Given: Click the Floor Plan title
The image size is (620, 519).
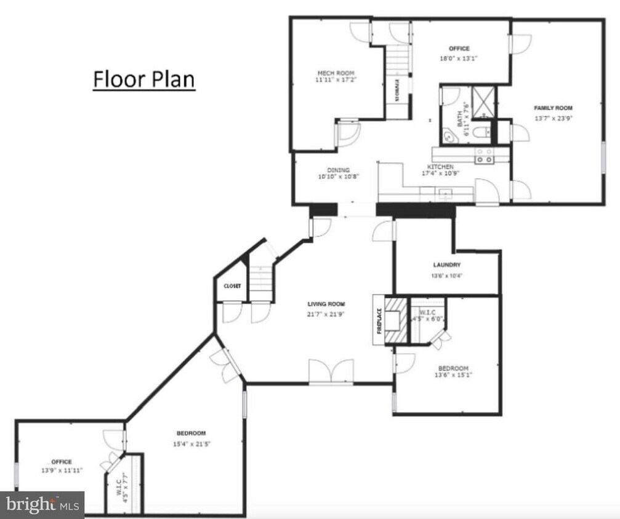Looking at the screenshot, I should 144,80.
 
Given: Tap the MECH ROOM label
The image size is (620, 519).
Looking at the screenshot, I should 336,73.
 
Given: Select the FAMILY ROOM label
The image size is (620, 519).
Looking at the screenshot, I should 553,108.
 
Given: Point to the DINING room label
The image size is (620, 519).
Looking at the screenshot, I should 339,170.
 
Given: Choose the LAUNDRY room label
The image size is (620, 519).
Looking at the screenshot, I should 446,265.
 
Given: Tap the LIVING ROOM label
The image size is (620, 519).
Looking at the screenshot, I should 326,304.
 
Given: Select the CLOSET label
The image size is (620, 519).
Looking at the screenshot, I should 232,286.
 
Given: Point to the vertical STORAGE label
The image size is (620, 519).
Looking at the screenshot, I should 397,90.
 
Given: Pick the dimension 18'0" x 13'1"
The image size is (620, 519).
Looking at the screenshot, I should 459,59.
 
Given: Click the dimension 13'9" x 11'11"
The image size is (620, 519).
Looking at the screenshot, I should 62,470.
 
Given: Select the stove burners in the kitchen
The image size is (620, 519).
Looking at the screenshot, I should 484,155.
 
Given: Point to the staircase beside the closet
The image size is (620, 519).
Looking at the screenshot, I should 261,280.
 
